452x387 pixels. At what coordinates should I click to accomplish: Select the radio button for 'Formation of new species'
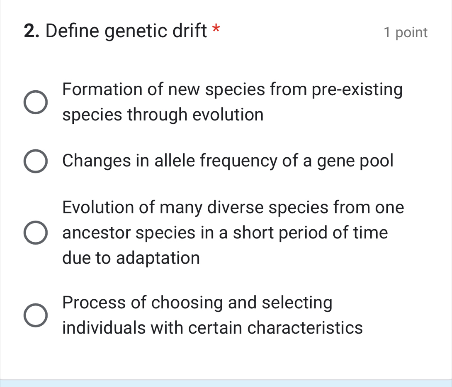pyautogui.click(x=35, y=102)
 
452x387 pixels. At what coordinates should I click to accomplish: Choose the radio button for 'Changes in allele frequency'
pyautogui.click(x=35, y=161)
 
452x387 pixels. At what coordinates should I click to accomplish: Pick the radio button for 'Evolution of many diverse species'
pyautogui.click(x=35, y=233)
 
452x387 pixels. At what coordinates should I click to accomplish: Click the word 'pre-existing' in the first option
pyautogui.click(x=351, y=90)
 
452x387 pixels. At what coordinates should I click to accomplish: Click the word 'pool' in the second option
pyautogui.click(x=375, y=161)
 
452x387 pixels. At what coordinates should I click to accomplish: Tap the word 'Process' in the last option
pyautogui.click(x=94, y=303)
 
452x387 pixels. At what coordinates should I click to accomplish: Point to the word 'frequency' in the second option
pyautogui.click(x=246, y=161)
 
